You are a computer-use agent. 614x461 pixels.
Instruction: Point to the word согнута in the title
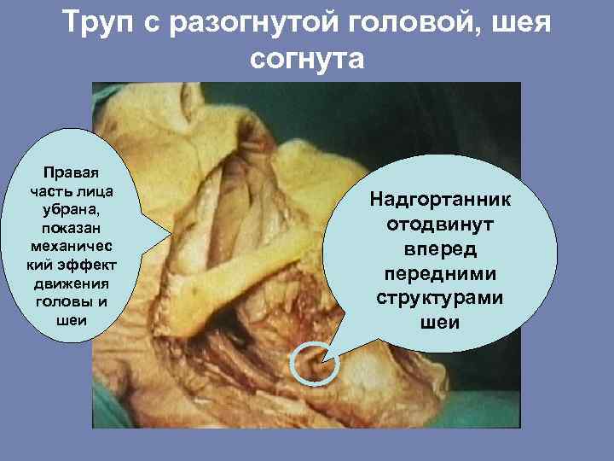click(307, 60)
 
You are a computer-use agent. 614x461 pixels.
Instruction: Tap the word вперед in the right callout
click(440, 250)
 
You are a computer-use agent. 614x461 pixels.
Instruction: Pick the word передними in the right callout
click(440, 275)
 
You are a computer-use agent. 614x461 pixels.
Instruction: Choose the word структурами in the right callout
click(440, 300)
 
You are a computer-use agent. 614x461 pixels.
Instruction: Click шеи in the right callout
click(440, 324)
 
